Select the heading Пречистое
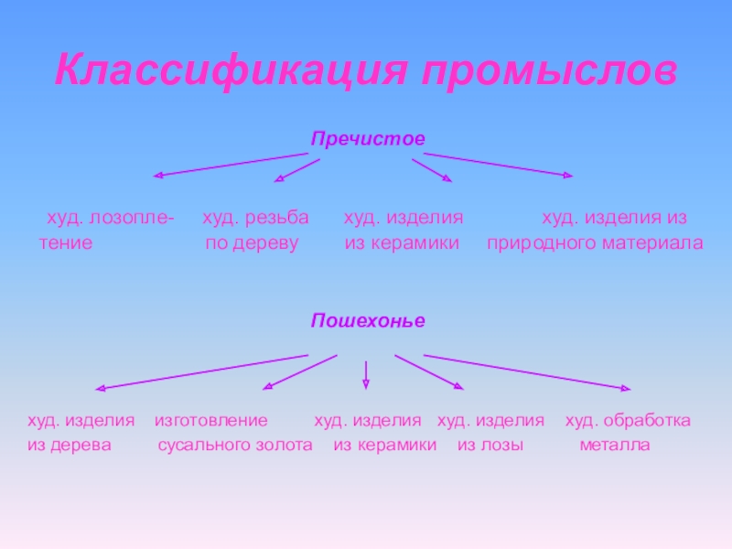coord(369,139)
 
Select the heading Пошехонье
coord(369,321)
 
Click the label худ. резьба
coord(255,218)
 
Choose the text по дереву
coord(253,244)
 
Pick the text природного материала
coord(595,244)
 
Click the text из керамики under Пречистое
coord(402,244)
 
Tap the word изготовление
coord(211,420)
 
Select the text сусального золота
coord(235,446)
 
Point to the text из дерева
coord(70,446)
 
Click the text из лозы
coord(490,446)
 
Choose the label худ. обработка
coord(628,420)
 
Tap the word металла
coord(614,446)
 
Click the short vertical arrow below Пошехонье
coord(366,371)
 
